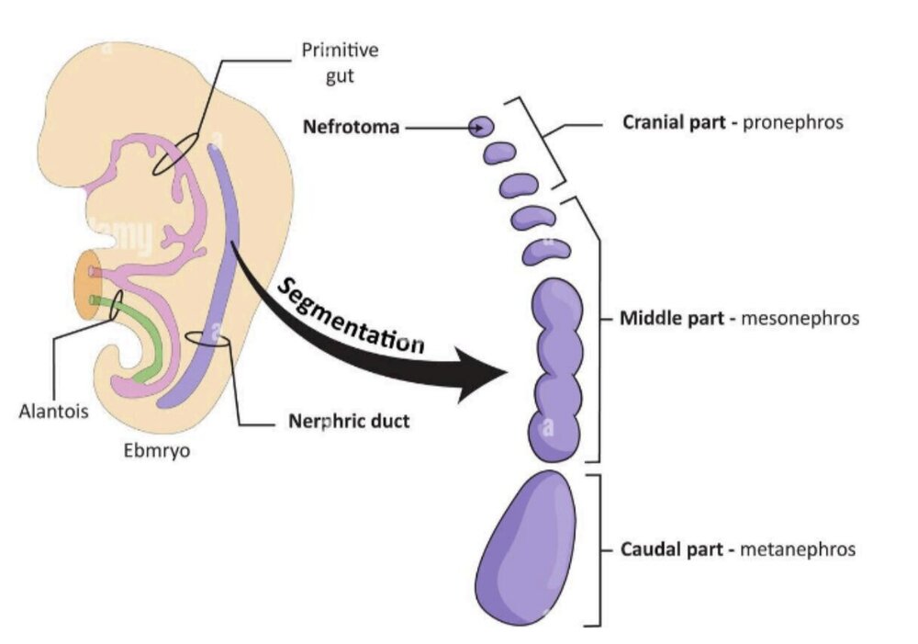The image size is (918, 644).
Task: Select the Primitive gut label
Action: point(326,62)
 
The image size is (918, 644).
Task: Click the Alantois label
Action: point(53,411)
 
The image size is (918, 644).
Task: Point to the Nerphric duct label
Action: point(342,423)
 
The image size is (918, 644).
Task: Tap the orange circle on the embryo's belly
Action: point(91,285)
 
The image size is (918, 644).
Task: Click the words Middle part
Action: point(661,319)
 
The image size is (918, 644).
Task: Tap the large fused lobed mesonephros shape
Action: point(555,367)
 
